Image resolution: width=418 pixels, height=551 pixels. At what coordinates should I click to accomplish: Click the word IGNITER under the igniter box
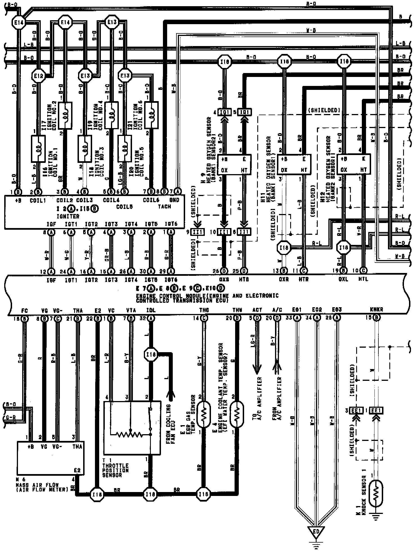pos(68,216)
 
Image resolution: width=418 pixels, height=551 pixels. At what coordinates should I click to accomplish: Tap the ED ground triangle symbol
pos(316,531)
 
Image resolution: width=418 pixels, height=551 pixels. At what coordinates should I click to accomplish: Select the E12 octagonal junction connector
pos(38,76)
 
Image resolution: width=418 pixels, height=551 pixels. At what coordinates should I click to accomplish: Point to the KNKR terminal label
pos(376,310)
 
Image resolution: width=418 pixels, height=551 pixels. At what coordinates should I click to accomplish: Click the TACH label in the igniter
pos(165,206)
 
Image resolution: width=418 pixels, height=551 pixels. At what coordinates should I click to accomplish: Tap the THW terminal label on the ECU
pos(237,310)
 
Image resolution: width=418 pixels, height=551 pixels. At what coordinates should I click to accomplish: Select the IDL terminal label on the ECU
pos(151,310)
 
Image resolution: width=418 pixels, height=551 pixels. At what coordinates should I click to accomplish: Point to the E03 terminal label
pos(337,310)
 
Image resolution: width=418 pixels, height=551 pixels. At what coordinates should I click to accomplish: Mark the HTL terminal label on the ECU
pos(364,279)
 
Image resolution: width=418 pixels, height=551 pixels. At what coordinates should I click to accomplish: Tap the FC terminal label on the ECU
pos(25,311)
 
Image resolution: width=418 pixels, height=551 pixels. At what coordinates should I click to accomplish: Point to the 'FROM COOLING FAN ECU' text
pos(171,424)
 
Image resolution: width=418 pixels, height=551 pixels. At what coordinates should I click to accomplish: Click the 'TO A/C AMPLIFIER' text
pos(257,399)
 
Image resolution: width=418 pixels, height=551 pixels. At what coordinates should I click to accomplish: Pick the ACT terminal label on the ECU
pos(257,310)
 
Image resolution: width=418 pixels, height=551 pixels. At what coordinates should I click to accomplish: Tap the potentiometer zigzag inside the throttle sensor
pos(130,434)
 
